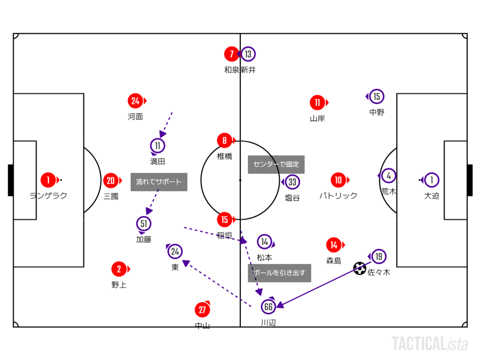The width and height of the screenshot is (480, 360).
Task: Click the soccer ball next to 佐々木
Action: pyautogui.click(x=360, y=268)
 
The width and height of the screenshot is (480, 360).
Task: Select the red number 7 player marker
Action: pyautogui.click(x=231, y=54)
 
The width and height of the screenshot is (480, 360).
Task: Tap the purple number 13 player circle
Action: pyautogui.click(x=248, y=54)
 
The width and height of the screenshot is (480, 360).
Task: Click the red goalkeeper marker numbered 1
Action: pyautogui.click(x=48, y=180)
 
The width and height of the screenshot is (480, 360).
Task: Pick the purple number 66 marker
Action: pyautogui.click(x=268, y=307)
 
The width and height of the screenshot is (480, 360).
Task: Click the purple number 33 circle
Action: pyautogui.click(x=292, y=182)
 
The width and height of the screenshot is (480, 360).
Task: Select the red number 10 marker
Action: pyautogui.click(x=338, y=180)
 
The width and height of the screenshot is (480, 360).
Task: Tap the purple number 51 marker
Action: pyautogui.click(x=144, y=223)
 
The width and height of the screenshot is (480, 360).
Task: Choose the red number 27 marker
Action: pyautogui.click(x=202, y=310)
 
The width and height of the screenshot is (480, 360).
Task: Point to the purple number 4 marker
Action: pyautogui.click(x=388, y=176)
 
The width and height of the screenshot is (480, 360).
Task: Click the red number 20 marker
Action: pyautogui.click(x=110, y=181)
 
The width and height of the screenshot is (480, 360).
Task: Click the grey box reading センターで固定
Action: pyautogui.click(x=276, y=164)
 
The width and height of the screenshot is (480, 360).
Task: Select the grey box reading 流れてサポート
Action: pyautogui.click(x=159, y=182)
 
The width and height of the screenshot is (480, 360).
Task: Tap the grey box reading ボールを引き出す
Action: pyautogui.click(x=279, y=273)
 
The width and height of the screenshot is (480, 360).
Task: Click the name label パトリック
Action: pyautogui.click(x=338, y=196)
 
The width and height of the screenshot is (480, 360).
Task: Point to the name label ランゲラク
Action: pyautogui.click(x=48, y=196)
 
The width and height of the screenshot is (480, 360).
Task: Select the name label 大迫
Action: pyautogui.click(x=432, y=196)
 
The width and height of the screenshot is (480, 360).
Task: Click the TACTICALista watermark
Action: pyautogui.click(x=430, y=344)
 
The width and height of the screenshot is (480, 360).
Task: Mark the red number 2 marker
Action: pyautogui.click(x=119, y=269)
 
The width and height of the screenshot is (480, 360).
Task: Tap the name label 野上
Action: pyautogui.click(x=119, y=285)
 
